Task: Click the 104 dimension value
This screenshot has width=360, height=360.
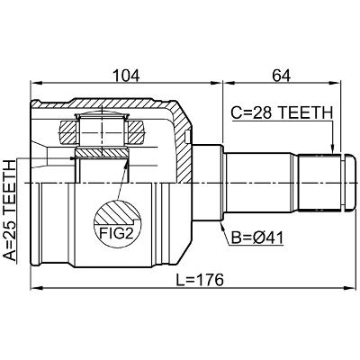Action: pos(126,76)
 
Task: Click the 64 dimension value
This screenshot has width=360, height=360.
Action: pos(281,76)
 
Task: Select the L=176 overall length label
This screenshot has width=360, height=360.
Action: pos(200,280)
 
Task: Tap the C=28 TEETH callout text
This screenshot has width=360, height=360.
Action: pos(282,113)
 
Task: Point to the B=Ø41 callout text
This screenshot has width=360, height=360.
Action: pos(257,238)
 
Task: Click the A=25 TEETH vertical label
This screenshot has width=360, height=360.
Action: pos(9,211)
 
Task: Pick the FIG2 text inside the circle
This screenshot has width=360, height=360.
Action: pos(116,233)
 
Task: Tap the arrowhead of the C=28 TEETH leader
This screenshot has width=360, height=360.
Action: pos(332,149)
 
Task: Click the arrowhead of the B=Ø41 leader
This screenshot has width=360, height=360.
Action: pos(222,225)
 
